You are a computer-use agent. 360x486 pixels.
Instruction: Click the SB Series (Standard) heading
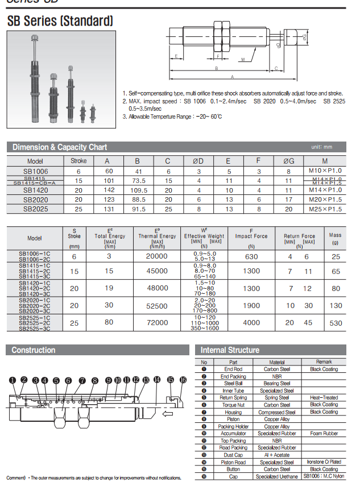(x=60, y=22)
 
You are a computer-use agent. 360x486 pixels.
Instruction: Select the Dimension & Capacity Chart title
(x=60, y=147)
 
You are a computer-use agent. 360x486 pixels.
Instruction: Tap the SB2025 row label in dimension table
(x=35, y=209)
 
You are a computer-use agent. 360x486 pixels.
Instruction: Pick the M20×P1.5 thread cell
(x=325, y=200)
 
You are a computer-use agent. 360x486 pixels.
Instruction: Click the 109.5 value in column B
(x=136, y=190)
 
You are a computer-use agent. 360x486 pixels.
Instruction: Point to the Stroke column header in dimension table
(x=78, y=161)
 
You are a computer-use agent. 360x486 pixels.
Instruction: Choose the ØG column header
(x=288, y=161)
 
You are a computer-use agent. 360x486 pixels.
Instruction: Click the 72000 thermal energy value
(x=157, y=322)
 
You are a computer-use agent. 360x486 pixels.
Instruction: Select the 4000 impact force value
(x=251, y=322)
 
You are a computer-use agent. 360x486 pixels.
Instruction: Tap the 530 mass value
(x=336, y=322)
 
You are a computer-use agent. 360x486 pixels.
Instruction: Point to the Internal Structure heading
(x=230, y=350)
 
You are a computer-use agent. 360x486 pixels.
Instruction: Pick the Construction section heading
(x=34, y=350)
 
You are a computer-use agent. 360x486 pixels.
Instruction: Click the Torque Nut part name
(x=233, y=405)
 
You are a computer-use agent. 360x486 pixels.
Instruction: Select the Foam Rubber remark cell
(x=324, y=433)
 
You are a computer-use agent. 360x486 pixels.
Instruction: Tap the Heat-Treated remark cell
(x=324, y=398)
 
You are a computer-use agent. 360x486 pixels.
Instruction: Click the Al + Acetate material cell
(x=277, y=455)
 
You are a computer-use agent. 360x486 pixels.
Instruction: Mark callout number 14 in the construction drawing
(x=156, y=380)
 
